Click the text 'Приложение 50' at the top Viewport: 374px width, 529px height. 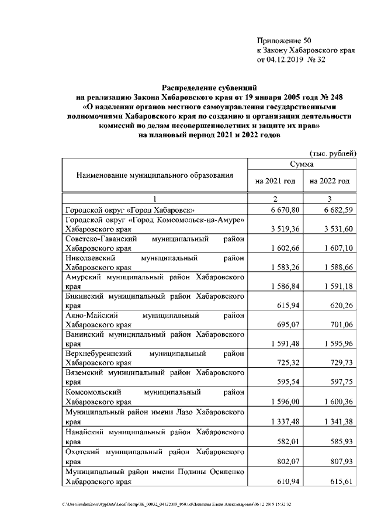point(285,40)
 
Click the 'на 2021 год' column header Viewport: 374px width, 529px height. point(275,182)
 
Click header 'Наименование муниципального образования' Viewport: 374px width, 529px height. point(154,175)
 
